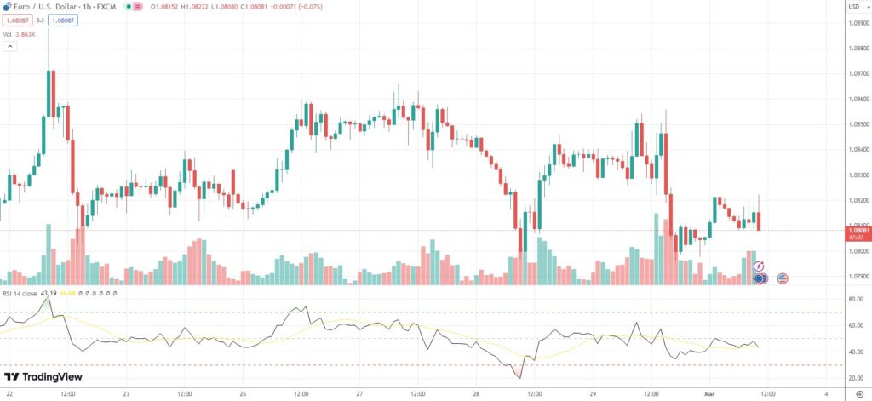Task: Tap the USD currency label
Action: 853,8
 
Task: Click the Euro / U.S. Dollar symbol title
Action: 43,8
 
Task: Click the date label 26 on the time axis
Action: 243,394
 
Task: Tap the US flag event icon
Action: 783,278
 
